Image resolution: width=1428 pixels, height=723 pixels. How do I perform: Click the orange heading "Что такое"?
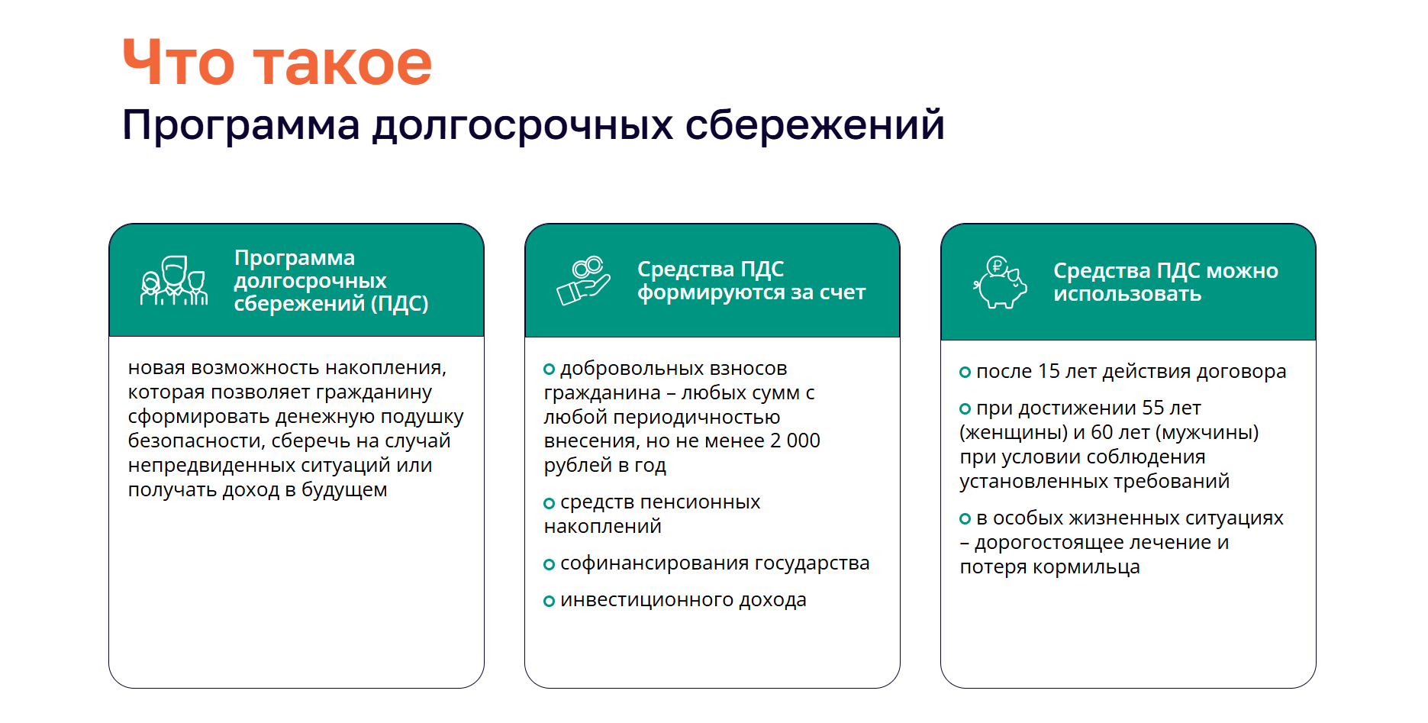[277, 63]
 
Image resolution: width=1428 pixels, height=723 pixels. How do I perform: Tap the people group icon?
[174, 281]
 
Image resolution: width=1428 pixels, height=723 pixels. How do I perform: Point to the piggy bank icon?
[1000, 282]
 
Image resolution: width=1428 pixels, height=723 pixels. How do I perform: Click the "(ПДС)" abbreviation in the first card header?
[399, 304]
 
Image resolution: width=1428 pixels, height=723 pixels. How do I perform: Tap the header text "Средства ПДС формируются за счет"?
[751, 280]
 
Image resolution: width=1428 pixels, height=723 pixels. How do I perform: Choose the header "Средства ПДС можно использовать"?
[1165, 282]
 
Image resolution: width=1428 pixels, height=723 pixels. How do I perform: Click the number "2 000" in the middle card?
[795, 441]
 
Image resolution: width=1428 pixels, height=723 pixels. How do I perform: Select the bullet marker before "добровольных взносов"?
[549, 370]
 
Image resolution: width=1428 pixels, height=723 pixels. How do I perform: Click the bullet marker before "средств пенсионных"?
[549, 503]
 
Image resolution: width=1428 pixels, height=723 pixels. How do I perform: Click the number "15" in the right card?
[1049, 371]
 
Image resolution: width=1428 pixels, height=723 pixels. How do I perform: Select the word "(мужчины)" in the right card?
[1207, 433]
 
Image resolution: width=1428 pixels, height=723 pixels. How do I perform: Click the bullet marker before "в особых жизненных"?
[965, 519]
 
